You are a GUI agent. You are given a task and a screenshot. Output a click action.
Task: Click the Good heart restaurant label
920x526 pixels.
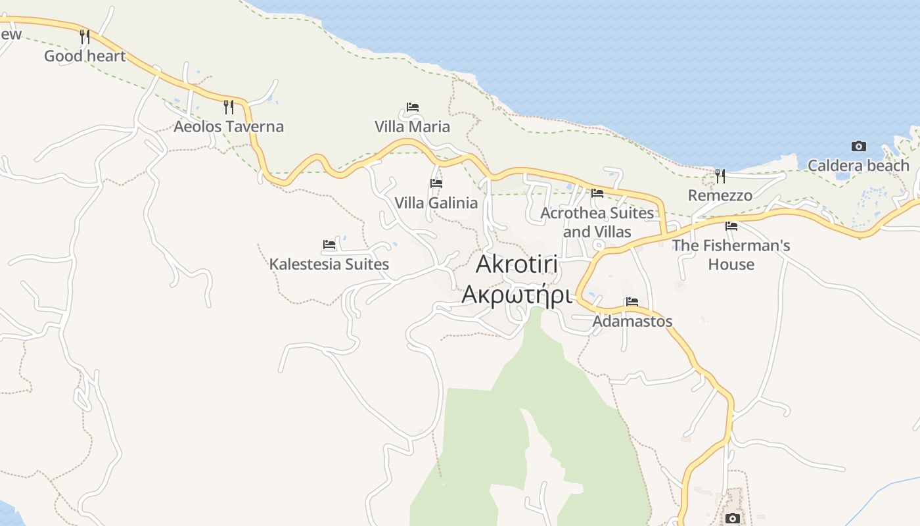point(84,57)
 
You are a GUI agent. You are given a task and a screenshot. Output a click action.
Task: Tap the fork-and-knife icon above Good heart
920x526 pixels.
point(85,36)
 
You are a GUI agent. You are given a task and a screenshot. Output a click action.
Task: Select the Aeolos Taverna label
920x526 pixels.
point(228,126)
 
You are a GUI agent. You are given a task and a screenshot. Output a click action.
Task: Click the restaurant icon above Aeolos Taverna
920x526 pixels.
point(229,107)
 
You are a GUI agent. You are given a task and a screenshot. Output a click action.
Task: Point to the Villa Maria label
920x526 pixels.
point(412,126)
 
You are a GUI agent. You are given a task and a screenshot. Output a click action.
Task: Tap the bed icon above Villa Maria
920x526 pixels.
point(413,107)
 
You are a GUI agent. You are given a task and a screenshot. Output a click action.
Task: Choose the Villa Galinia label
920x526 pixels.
point(436,203)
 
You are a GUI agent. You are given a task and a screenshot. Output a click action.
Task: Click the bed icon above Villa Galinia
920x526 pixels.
point(436,183)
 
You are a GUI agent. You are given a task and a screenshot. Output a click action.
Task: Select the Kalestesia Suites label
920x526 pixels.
point(329,264)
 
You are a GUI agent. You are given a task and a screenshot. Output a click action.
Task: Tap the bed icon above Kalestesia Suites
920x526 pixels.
point(329,245)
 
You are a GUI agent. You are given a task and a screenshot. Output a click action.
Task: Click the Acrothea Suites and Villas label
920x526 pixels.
point(597,222)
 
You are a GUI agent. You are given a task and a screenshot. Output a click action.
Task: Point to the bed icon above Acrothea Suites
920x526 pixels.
point(597,193)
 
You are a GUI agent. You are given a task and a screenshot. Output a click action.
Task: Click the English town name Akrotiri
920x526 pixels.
point(517,264)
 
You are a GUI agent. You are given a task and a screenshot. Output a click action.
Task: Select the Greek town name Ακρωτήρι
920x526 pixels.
point(517,295)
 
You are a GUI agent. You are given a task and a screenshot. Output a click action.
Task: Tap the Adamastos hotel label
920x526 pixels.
point(632,321)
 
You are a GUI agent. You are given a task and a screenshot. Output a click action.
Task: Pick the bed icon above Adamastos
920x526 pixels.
point(632,302)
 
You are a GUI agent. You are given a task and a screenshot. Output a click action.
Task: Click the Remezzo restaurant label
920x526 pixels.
point(720,195)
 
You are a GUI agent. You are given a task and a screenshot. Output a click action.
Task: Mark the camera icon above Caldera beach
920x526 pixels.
point(858,146)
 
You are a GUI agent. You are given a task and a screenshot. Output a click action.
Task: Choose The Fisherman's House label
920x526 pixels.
point(731,254)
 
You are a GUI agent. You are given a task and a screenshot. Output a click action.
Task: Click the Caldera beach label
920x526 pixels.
point(858,166)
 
